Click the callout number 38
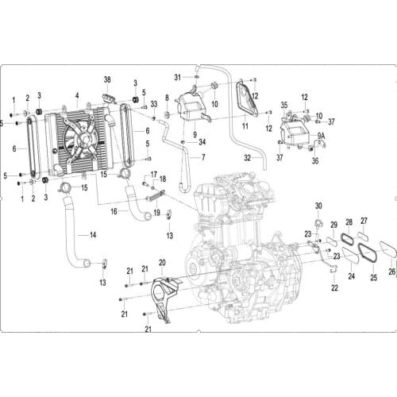[109, 81]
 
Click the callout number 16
[114, 211]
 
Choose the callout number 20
[161, 263]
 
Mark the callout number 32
[247, 158]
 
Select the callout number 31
[179, 76]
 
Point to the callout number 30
[318, 206]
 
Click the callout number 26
[391, 271]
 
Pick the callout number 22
[334, 287]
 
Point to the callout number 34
[202, 142]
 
